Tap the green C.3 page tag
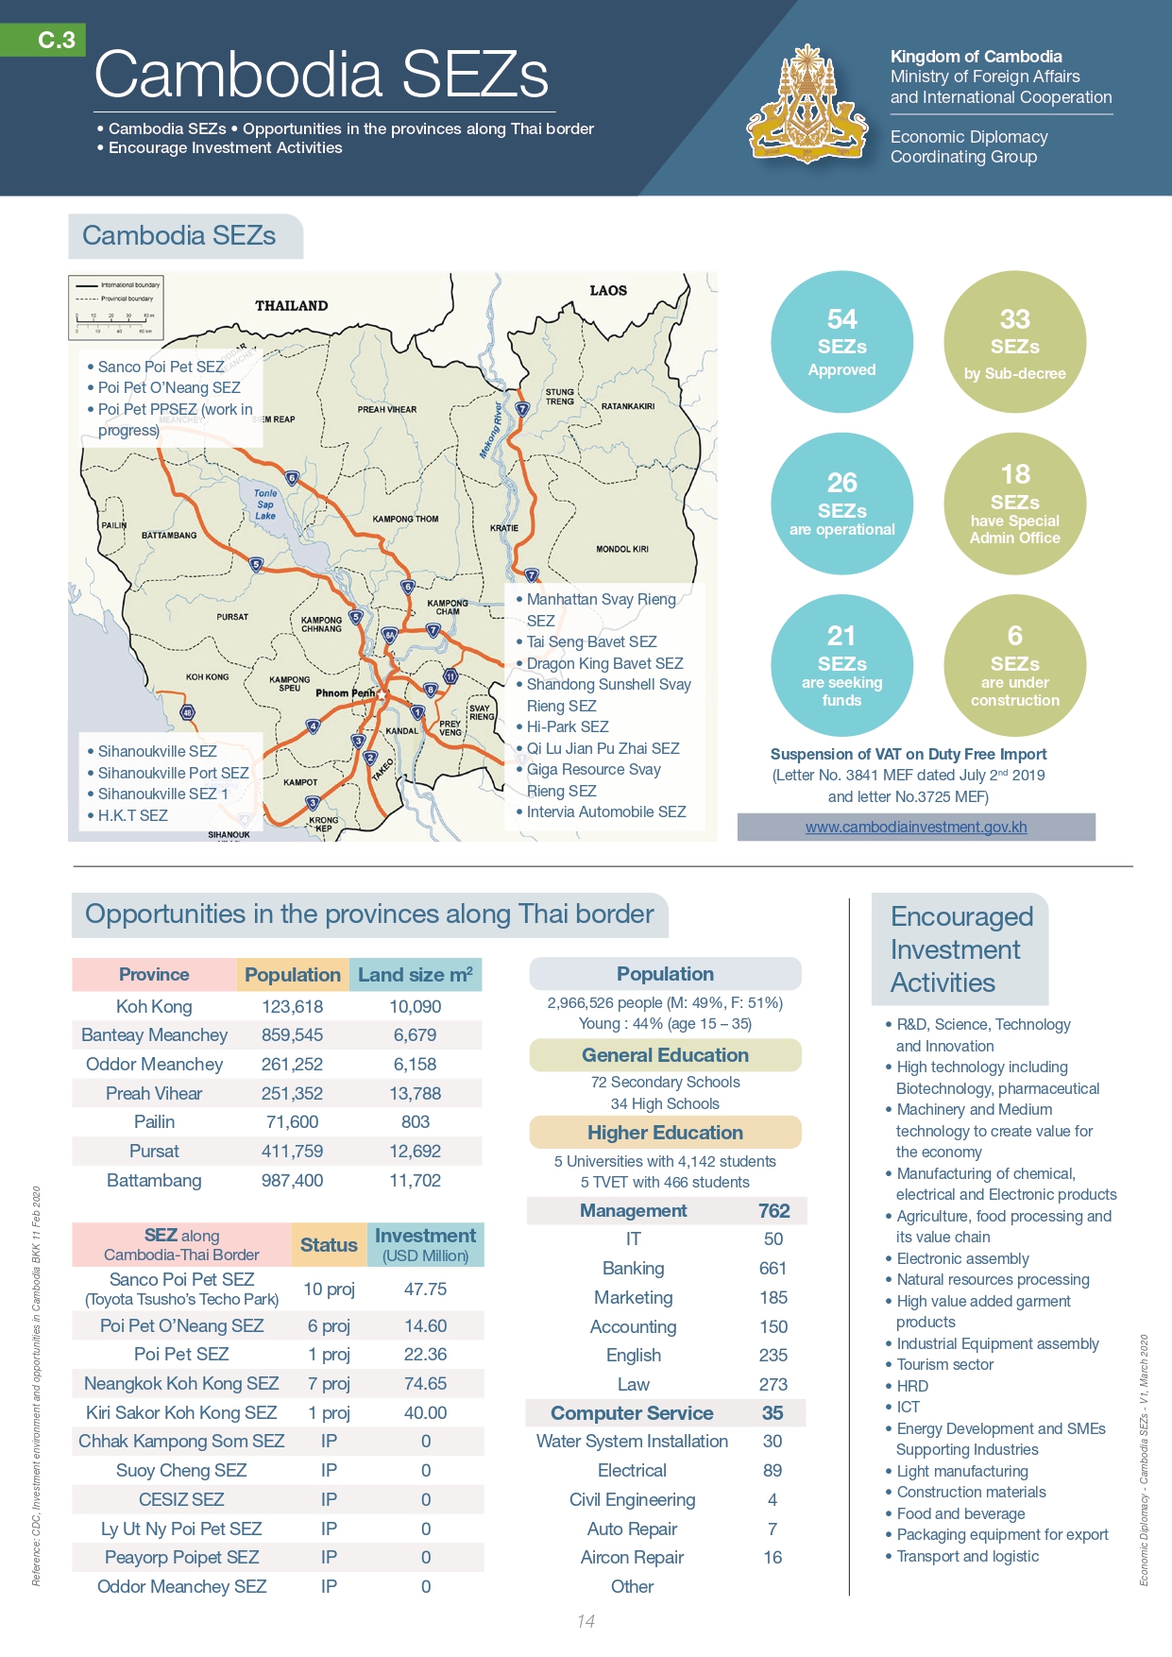tap(56, 40)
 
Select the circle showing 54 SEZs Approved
tap(841, 342)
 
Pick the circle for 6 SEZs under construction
tap(1014, 665)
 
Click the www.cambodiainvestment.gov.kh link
tap(915, 827)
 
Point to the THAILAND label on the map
tap(291, 305)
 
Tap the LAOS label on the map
tap(608, 290)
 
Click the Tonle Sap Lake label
tap(265, 504)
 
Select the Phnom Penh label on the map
tap(345, 692)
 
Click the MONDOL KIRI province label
tap(622, 549)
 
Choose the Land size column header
tap(415, 975)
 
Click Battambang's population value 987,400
tap(292, 1180)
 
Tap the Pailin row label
tap(154, 1121)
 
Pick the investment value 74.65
tap(425, 1383)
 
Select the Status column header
tap(329, 1245)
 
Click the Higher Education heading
tap(665, 1132)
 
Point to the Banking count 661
tap(773, 1268)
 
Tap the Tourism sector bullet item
tap(944, 1364)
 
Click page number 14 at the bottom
tap(586, 1621)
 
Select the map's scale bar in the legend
tap(114, 322)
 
